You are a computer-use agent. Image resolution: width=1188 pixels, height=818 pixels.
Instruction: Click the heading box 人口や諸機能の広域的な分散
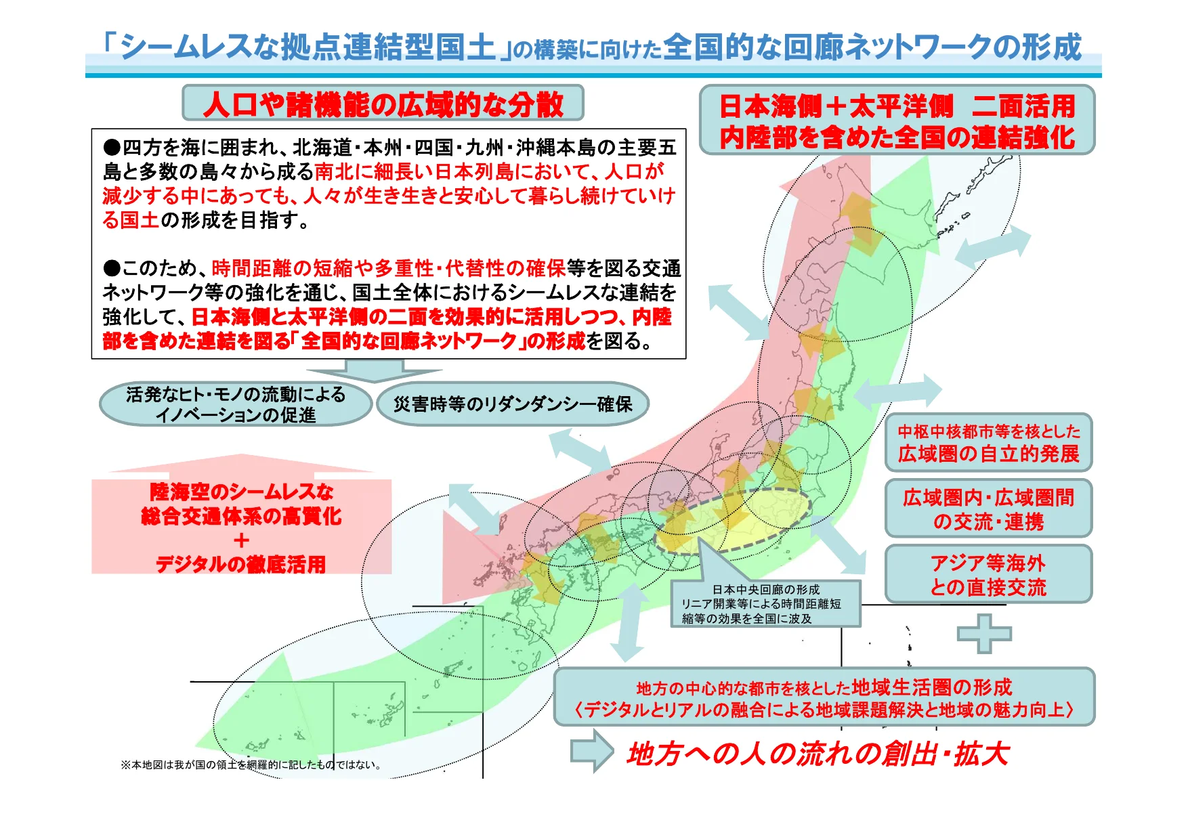383,104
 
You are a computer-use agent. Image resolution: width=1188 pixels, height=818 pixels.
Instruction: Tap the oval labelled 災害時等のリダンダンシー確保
513,404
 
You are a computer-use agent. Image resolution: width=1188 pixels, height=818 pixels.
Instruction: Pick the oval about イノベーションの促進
235,404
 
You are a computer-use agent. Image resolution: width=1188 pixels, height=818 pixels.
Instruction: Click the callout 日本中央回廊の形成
765,603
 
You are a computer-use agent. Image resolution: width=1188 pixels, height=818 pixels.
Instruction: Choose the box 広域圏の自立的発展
988,443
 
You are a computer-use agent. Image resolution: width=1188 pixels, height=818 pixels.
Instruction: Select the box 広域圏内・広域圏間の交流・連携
988,509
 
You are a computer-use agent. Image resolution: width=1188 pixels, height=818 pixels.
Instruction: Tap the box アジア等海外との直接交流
988,574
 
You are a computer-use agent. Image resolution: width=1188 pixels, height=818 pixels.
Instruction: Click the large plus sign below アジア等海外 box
984,634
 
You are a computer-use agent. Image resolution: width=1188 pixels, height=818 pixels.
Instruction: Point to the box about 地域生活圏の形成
824,697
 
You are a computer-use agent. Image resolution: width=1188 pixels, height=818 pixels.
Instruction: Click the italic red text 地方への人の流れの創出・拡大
818,754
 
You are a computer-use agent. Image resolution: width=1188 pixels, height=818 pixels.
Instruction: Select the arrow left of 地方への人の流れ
591,750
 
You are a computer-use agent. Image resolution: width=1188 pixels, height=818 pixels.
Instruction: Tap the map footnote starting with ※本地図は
251,765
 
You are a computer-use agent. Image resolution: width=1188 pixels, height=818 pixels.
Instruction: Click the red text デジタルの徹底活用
240,564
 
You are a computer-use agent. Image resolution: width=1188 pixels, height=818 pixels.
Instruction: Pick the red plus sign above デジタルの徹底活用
241,540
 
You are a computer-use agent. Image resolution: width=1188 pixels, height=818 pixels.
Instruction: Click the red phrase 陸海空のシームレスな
241,492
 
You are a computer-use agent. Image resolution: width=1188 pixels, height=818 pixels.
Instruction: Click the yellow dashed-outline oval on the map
752,518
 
